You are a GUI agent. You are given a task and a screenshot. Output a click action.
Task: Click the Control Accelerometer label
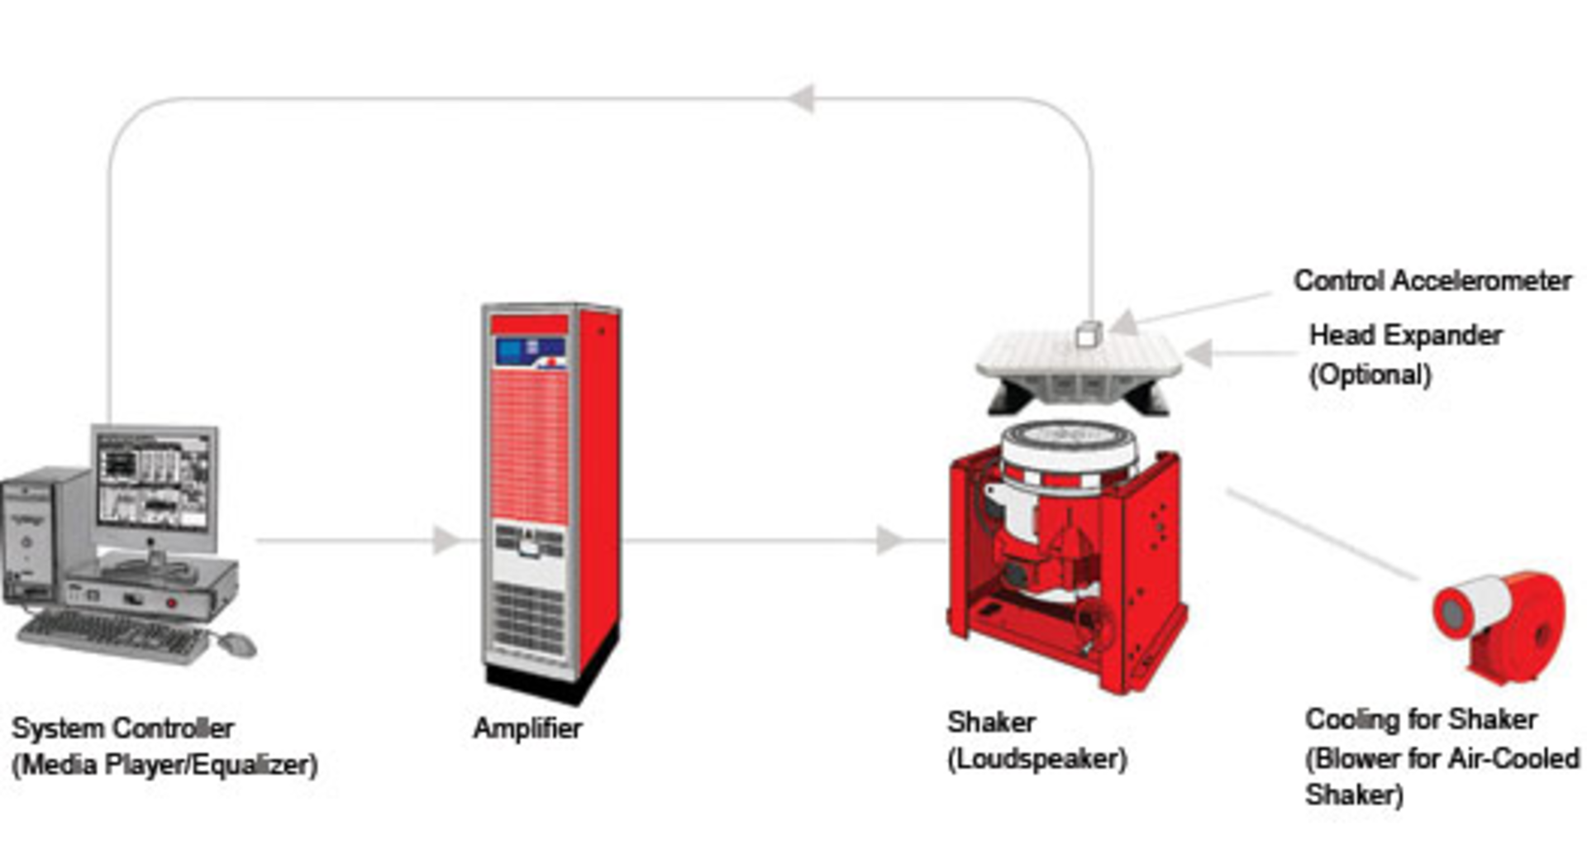(x=1432, y=281)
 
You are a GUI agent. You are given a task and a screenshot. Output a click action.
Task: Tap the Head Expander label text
(x=1405, y=336)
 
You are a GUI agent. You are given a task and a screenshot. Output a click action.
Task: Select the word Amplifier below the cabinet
(x=527, y=728)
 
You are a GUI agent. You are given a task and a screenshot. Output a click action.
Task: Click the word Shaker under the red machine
(x=991, y=722)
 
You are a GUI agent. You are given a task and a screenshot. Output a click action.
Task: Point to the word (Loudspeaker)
(x=1037, y=759)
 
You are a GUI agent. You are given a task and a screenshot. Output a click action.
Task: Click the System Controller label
(x=122, y=728)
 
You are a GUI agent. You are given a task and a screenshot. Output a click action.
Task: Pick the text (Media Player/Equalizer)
(x=164, y=765)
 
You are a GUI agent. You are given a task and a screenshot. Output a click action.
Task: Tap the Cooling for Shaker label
(x=1421, y=719)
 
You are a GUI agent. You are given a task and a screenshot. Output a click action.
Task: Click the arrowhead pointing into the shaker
(x=889, y=541)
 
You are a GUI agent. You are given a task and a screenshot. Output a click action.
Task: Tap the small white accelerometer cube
(x=1089, y=334)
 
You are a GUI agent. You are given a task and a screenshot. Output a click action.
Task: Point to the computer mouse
(x=237, y=643)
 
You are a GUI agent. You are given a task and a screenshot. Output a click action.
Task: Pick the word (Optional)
(x=1370, y=375)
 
